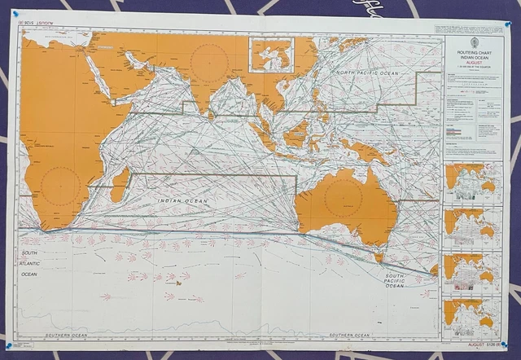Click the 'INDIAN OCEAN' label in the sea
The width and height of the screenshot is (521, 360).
point(182,200)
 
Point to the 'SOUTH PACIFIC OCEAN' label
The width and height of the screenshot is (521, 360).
point(396,282)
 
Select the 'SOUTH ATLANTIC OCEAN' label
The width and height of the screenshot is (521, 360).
point(29,264)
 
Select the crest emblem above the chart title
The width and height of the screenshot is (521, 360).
point(474,44)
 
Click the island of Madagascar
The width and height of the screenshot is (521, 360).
point(120,186)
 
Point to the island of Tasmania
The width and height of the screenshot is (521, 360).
point(378,257)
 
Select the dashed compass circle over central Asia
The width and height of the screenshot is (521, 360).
point(209,62)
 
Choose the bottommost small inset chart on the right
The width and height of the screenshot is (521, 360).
point(472,318)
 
